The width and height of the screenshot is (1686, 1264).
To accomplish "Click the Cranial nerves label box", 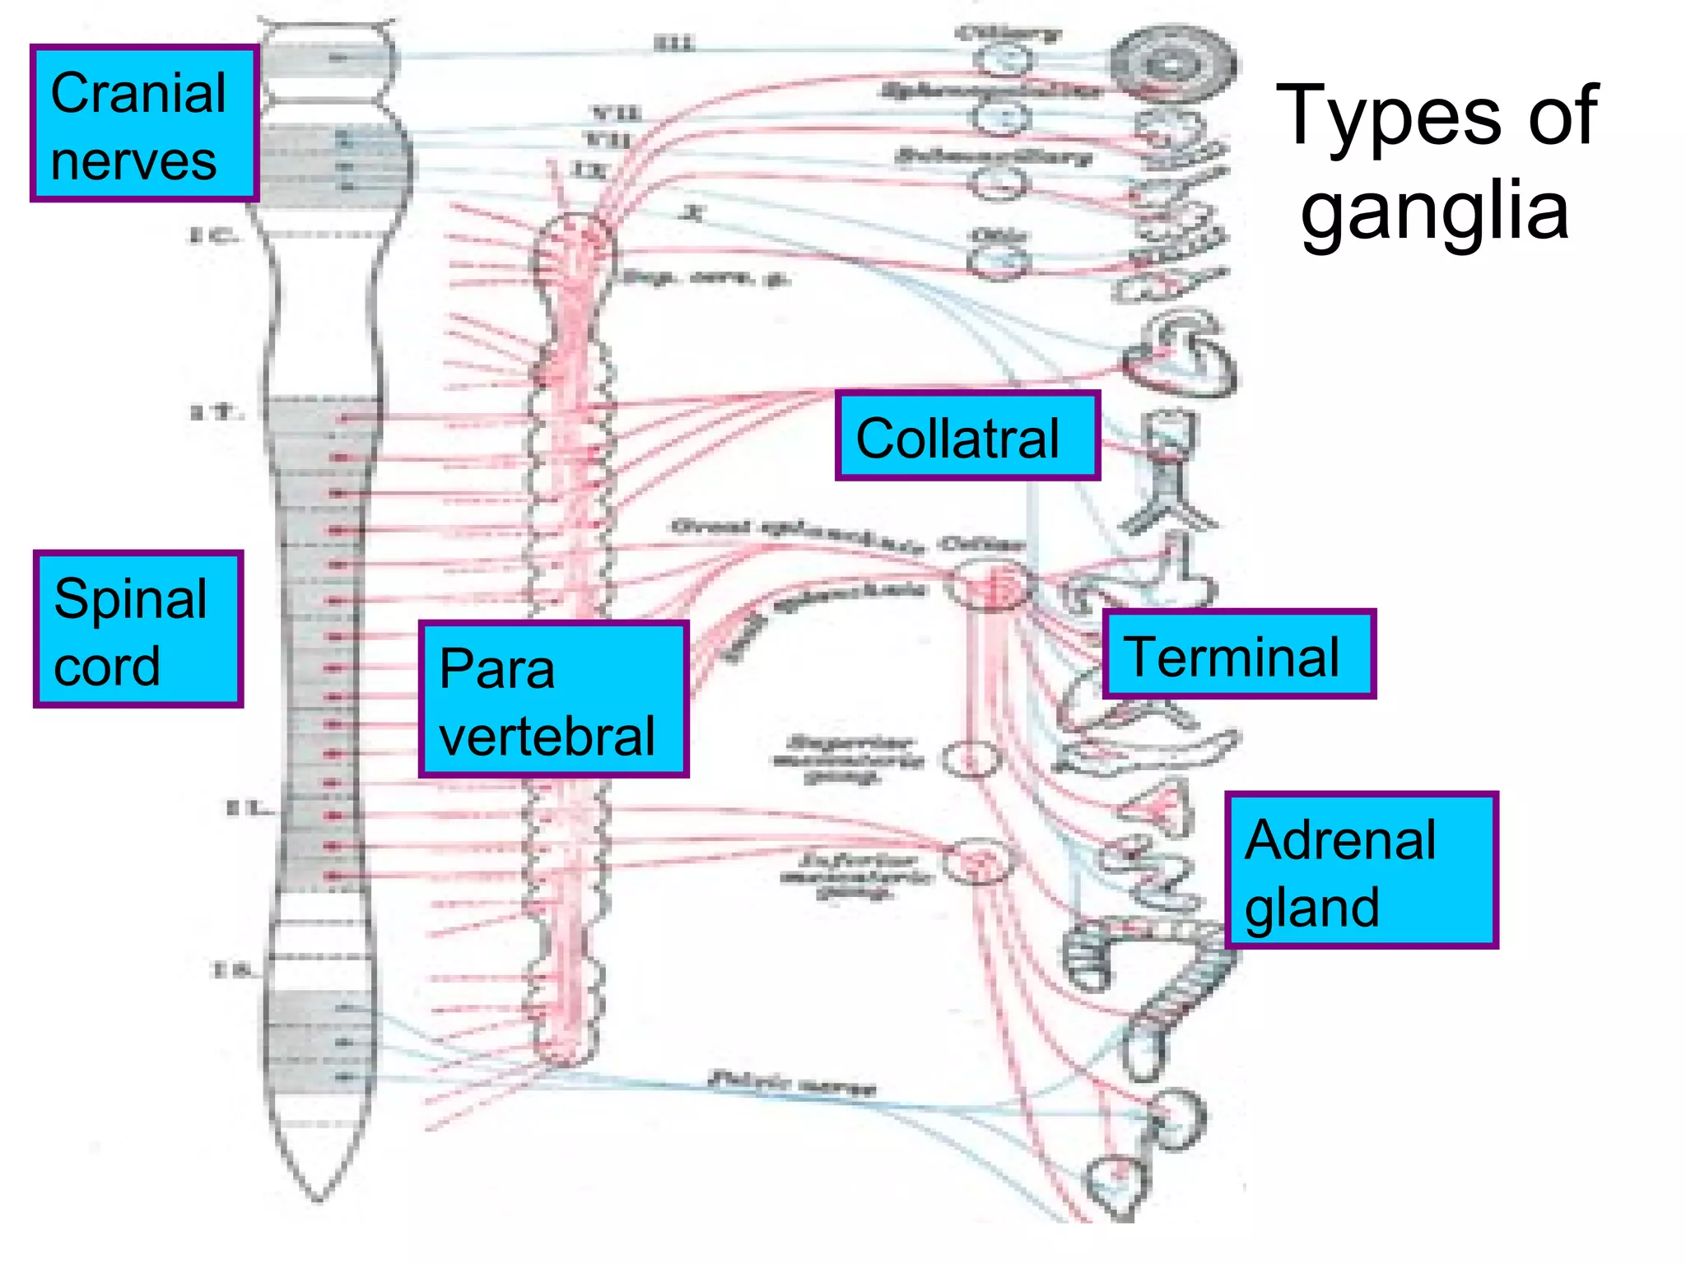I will [x=144, y=123].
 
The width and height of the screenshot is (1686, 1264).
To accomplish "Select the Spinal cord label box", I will [x=138, y=630].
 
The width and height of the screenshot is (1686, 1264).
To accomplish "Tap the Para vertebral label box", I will [x=553, y=699].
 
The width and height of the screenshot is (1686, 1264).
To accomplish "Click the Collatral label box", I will [x=967, y=436].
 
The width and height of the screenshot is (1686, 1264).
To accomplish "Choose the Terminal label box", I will [x=1238, y=655].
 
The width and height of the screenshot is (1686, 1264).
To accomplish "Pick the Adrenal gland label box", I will [x=1360, y=871].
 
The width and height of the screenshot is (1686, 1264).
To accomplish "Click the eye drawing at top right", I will [x=1172, y=64].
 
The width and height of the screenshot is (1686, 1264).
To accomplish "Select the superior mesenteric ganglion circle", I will [x=971, y=760].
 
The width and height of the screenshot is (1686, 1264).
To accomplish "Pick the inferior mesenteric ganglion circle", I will [x=977, y=861].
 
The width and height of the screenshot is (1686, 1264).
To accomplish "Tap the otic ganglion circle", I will [x=998, y=262].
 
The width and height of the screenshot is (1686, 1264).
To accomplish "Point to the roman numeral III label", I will [x=674, y=44].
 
